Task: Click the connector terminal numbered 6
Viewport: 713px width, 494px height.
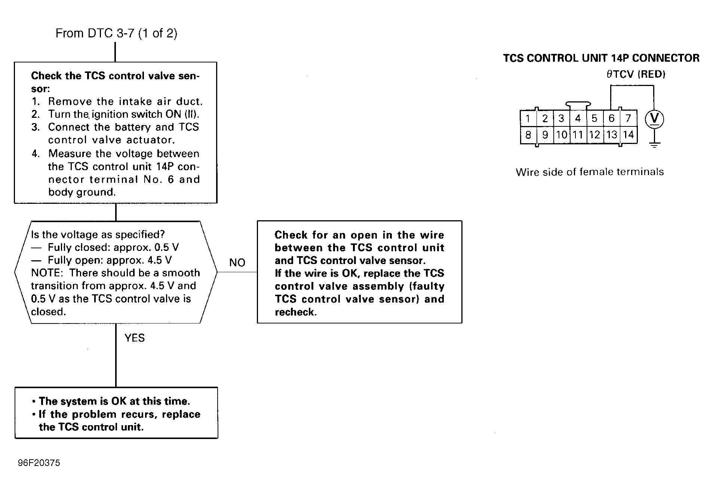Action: [611, 119]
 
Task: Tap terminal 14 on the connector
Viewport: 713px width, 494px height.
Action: [629, 135]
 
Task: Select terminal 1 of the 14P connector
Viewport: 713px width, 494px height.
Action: [528, 119]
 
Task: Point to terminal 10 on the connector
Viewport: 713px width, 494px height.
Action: [561, 135]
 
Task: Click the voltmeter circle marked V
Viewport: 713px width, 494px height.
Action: [654, 119]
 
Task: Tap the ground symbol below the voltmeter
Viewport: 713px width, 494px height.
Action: [654, 145]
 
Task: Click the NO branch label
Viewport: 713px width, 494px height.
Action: [237, 263]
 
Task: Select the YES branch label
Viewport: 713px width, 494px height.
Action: [135, 338]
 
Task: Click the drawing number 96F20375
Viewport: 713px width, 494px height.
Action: [39, 463]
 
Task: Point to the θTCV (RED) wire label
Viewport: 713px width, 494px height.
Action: [636, 74]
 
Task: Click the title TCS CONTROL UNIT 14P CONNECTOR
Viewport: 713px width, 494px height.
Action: [601, 58]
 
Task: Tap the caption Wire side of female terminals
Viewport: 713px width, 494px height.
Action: [590, 172]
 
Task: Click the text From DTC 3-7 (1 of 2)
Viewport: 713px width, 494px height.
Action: [116, 33]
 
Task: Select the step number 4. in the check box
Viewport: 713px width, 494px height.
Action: [36, 154]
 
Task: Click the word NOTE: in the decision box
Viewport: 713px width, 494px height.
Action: [47, 273]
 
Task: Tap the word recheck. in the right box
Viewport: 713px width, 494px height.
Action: [295, 312]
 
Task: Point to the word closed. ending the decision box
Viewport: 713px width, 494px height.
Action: [48, 312]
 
